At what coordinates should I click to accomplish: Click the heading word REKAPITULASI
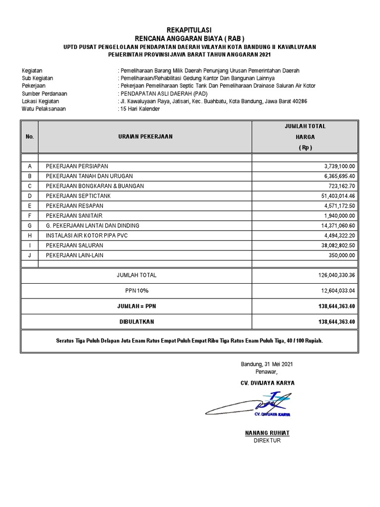tap(190, 30)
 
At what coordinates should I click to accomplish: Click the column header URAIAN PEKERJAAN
tap(145, 137)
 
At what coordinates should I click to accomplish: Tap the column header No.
tap(30, 137)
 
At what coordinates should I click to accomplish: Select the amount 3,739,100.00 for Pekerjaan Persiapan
tap(339, 166)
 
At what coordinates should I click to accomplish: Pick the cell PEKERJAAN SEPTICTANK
tap(78, 196)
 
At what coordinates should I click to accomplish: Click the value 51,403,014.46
tap(338, 196)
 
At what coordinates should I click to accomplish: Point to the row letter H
tap(30, 236)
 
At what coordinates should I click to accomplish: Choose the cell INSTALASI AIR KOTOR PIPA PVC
tap(87, 236)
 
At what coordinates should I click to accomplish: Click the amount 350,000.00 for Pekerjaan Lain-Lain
tap(341, 255)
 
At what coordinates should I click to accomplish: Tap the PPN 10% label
tap(137, 291)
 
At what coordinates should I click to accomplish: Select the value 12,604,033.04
tap(336, 291)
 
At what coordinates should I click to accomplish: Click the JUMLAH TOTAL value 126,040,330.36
tap(336, 275)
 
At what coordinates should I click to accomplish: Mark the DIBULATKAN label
tap(137, 322)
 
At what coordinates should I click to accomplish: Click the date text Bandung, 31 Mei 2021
tap(267, 364)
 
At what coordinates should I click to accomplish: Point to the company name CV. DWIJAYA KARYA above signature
tap(267, 383)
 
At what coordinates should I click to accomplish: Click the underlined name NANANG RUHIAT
tap(267, 433)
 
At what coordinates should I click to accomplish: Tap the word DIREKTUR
tap(267, 440)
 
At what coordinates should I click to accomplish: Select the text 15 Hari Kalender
tap(140, 109)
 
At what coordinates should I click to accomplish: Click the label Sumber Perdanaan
tap(44, 94)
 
